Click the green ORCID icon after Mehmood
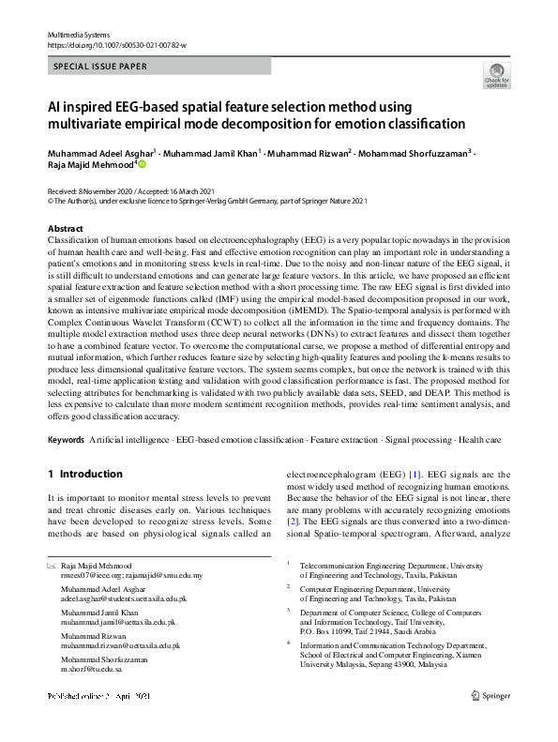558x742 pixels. click(x=143, y=163)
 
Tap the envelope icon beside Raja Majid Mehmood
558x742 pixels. click(x=51, y=566)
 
